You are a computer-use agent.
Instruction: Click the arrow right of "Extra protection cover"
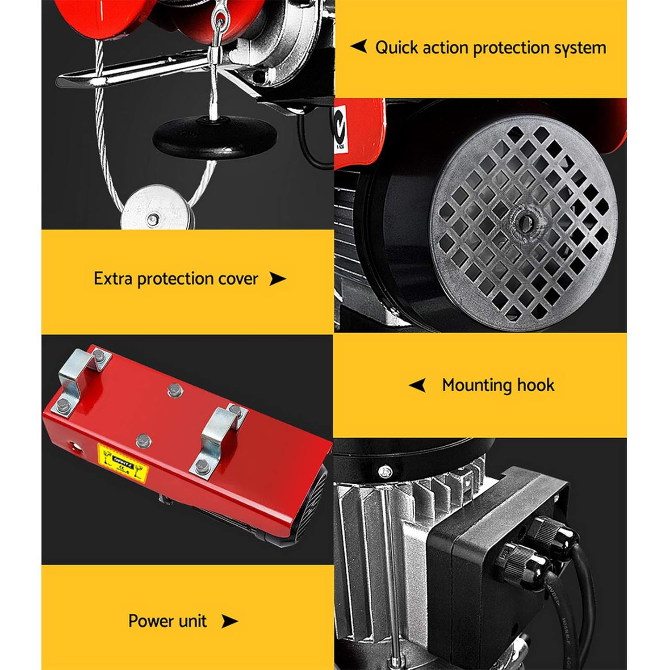coord(277,279)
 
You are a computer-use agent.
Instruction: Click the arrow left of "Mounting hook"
coord(418,385)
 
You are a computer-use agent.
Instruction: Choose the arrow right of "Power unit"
coord(230,621)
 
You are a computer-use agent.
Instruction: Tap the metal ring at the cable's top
coord(219,20)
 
